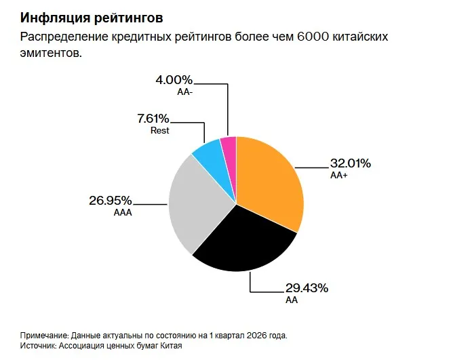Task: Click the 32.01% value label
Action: pos(351,163)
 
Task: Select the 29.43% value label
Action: pos(307,288)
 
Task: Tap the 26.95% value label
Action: pos(111,201)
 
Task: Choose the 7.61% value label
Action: pos(153,119)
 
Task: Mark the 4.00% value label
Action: pos(174,80)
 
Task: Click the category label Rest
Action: pos(160,130)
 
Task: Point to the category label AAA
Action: pos(123,213)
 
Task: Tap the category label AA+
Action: pos(339,176)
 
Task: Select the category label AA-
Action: pos(185,92)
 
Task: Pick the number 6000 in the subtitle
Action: pos(313,37)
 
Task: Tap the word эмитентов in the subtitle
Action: pos(51,53)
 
